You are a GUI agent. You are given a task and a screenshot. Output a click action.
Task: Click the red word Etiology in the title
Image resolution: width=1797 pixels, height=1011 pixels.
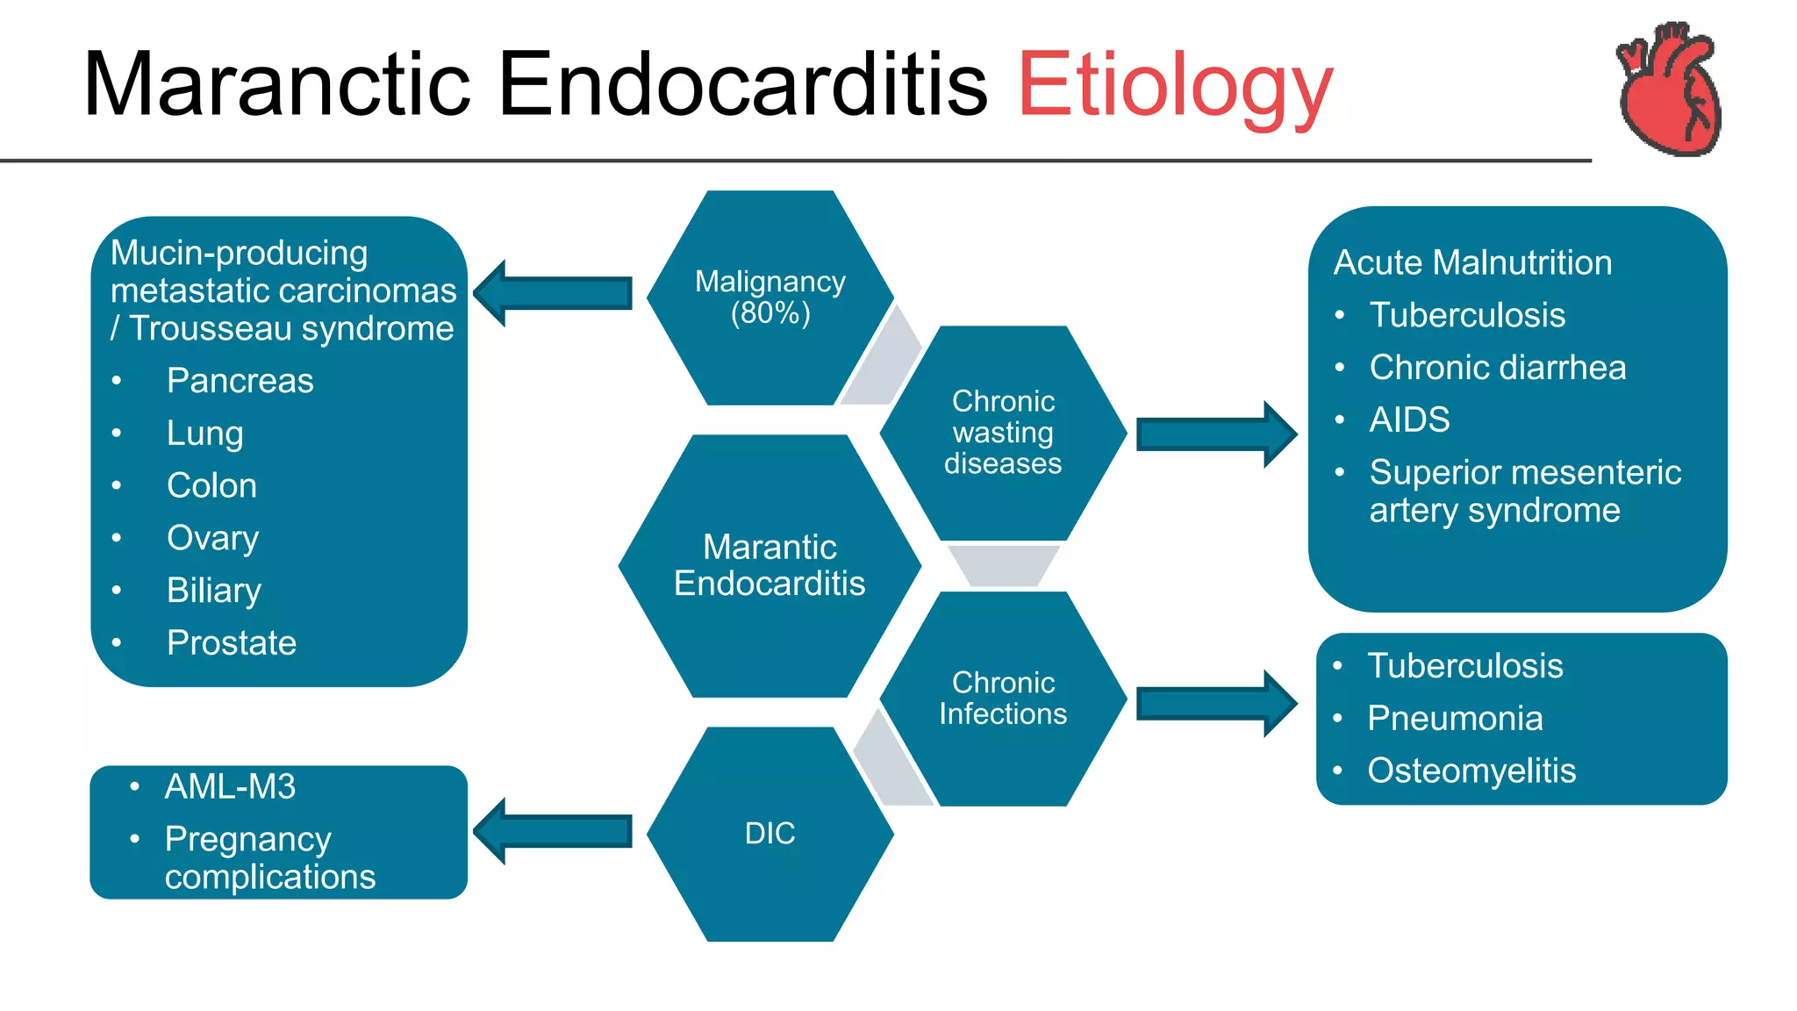(1174, 85)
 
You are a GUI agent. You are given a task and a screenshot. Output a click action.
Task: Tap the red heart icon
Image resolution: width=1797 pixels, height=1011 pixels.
(1669, 90)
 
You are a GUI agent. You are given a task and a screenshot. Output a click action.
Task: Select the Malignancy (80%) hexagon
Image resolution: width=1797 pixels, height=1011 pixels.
(770, 298)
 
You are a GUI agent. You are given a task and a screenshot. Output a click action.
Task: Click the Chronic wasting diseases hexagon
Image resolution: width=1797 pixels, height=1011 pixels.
(1003, 433)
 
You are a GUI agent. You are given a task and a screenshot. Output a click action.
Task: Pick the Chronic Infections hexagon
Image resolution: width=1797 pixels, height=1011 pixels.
(1003, 699)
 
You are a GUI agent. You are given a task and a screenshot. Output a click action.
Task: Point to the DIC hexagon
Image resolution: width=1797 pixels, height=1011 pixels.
(770, 834)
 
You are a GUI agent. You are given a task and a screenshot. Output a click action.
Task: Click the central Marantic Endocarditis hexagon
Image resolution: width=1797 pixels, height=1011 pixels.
(770, 566)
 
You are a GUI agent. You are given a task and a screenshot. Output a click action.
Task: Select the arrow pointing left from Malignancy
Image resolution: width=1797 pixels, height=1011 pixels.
(554, 293)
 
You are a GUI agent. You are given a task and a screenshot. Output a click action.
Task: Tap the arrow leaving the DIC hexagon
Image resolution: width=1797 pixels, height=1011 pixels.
(554, 831)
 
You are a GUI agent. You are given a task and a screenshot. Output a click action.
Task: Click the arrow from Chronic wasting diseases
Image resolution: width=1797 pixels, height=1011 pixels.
(1216, 434)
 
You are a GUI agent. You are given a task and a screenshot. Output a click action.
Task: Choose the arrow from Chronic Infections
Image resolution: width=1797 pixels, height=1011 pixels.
(1216, 703)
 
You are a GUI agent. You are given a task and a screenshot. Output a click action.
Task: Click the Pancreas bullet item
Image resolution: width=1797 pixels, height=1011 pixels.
(240, 381)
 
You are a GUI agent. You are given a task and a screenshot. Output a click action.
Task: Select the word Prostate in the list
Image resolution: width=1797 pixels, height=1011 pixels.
(232, 643)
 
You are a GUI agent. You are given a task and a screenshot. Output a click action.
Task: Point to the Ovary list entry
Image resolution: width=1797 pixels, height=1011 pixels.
(212, 538)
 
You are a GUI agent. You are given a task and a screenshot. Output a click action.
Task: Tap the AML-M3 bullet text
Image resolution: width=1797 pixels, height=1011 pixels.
(230, 787)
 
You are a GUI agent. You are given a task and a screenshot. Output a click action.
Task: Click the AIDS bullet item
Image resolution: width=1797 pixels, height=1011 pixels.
(1409, 419)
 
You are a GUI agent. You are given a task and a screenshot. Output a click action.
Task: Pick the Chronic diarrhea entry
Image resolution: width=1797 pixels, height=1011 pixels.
(1497, 368)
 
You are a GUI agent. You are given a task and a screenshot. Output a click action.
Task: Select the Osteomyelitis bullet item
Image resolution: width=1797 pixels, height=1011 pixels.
(1471, 771)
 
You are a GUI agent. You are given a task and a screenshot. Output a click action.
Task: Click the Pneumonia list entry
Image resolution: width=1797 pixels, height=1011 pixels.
(1455, 719)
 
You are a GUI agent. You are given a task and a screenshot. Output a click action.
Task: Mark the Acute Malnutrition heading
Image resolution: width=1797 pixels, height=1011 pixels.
(1472, 262)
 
